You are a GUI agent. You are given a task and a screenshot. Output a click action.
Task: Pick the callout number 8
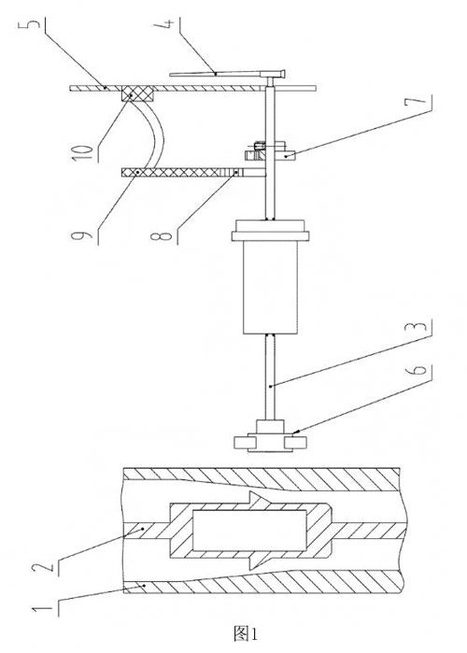162,236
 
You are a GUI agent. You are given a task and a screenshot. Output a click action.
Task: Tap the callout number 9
81,236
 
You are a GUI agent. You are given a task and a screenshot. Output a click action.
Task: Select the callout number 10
82,150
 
